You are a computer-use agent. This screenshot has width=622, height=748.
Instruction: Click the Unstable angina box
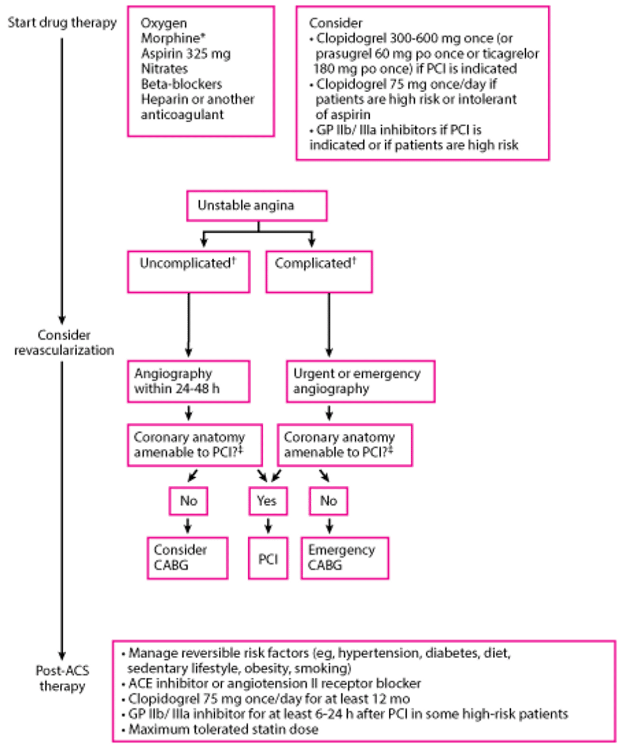pos(257,206)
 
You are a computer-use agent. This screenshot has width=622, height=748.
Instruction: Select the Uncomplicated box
pos(189,270)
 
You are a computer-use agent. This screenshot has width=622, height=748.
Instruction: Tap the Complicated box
pos(318,270)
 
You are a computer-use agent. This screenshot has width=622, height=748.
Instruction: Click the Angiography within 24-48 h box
pos(188,381)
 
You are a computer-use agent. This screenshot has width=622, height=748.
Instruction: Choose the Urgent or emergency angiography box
pos(360,381)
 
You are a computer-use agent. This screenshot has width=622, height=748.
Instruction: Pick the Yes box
pos(267,501)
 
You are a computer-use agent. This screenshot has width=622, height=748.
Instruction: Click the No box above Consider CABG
pos(188,501)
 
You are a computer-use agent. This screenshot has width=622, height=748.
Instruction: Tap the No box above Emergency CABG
pos(329,501)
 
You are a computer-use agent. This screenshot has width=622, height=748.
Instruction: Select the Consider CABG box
pos(187,557)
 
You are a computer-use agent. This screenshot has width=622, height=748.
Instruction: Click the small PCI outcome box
pos(268,558)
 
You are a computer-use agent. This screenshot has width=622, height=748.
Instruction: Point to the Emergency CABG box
pos(344,557)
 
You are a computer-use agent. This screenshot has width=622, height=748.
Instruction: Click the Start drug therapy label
pos(62,23)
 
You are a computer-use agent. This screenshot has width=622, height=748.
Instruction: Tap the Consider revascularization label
pos(64,342)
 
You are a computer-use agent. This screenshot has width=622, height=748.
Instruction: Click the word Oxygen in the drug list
pos(164,24)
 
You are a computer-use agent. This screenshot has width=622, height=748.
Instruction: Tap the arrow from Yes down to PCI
pos(268,526)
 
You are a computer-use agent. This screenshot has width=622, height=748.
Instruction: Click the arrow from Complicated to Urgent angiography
pos(329,326)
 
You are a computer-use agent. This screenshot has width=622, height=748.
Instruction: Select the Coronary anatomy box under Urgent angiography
pos(345,445)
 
